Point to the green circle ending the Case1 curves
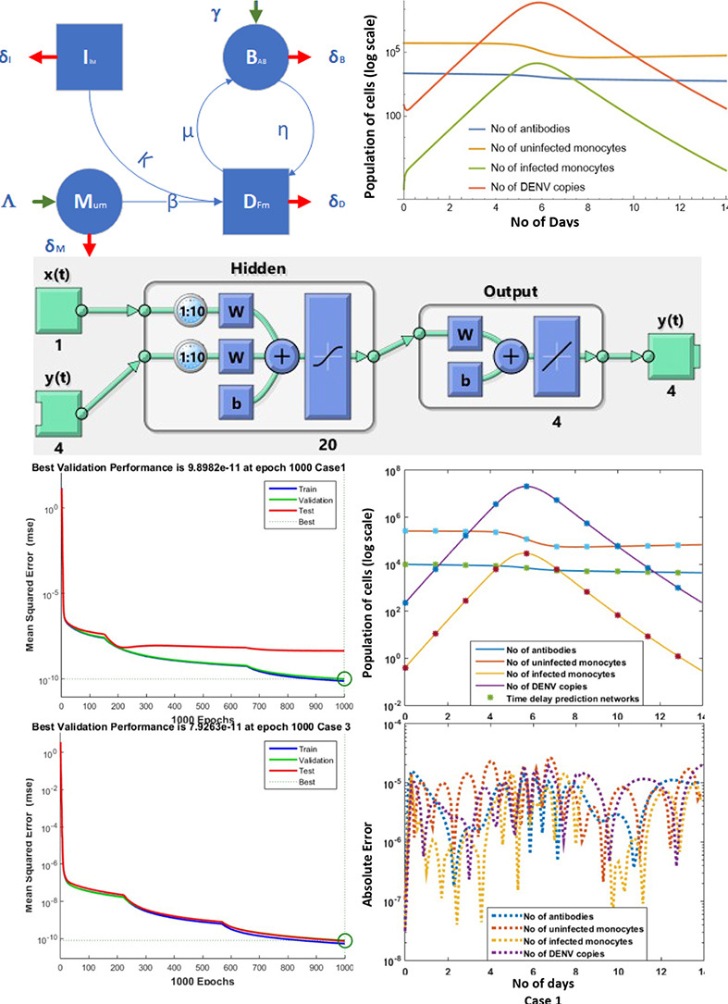[344, 679]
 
